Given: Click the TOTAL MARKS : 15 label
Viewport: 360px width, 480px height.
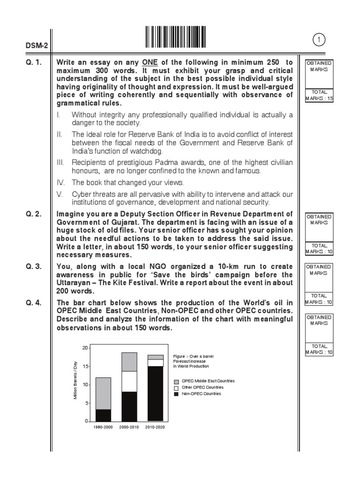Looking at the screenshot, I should (x=318, y=95).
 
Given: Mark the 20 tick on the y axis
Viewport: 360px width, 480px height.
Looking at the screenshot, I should (x=84, y=348).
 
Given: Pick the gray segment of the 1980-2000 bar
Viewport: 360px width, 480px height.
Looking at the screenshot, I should (x=104, y=393).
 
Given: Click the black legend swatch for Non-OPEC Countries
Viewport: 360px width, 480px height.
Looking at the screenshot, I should (x=176, y=394).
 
